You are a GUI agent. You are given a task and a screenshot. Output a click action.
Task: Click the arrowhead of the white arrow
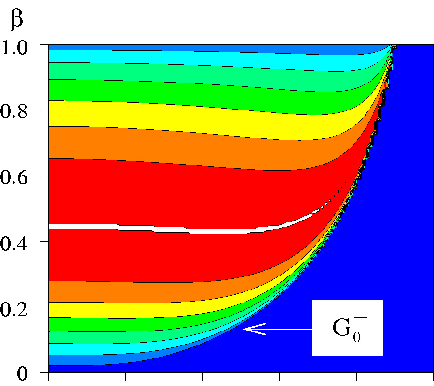[x=246, y=329]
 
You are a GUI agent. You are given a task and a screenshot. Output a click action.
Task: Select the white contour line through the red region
[x=145, y=228]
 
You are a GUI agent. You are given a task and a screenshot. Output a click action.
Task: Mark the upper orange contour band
[x=145, y=145]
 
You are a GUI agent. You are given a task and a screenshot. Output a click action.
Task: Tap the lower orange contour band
[x=121, y=290]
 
